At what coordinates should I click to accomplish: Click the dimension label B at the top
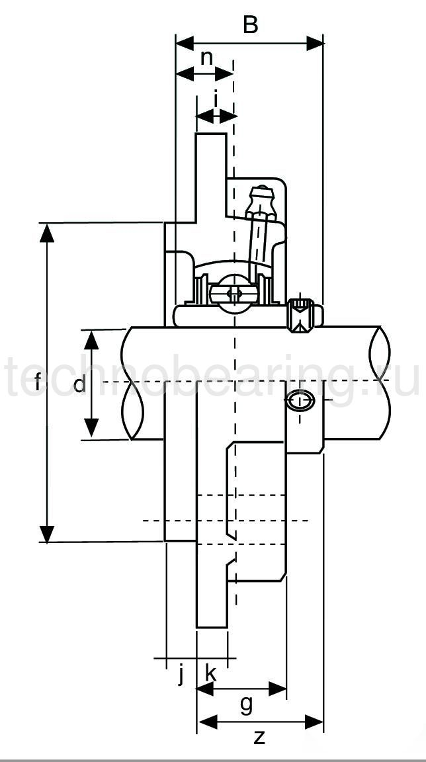coord(250,25)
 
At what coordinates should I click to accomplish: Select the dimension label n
coord(206,58)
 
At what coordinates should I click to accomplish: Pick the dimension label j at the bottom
coord(180,675)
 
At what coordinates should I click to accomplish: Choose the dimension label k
coord(211,674)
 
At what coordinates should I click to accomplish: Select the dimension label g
coord(245,705)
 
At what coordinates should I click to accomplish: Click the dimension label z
coord(259,737)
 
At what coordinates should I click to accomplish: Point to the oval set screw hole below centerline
coord(300,402)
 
